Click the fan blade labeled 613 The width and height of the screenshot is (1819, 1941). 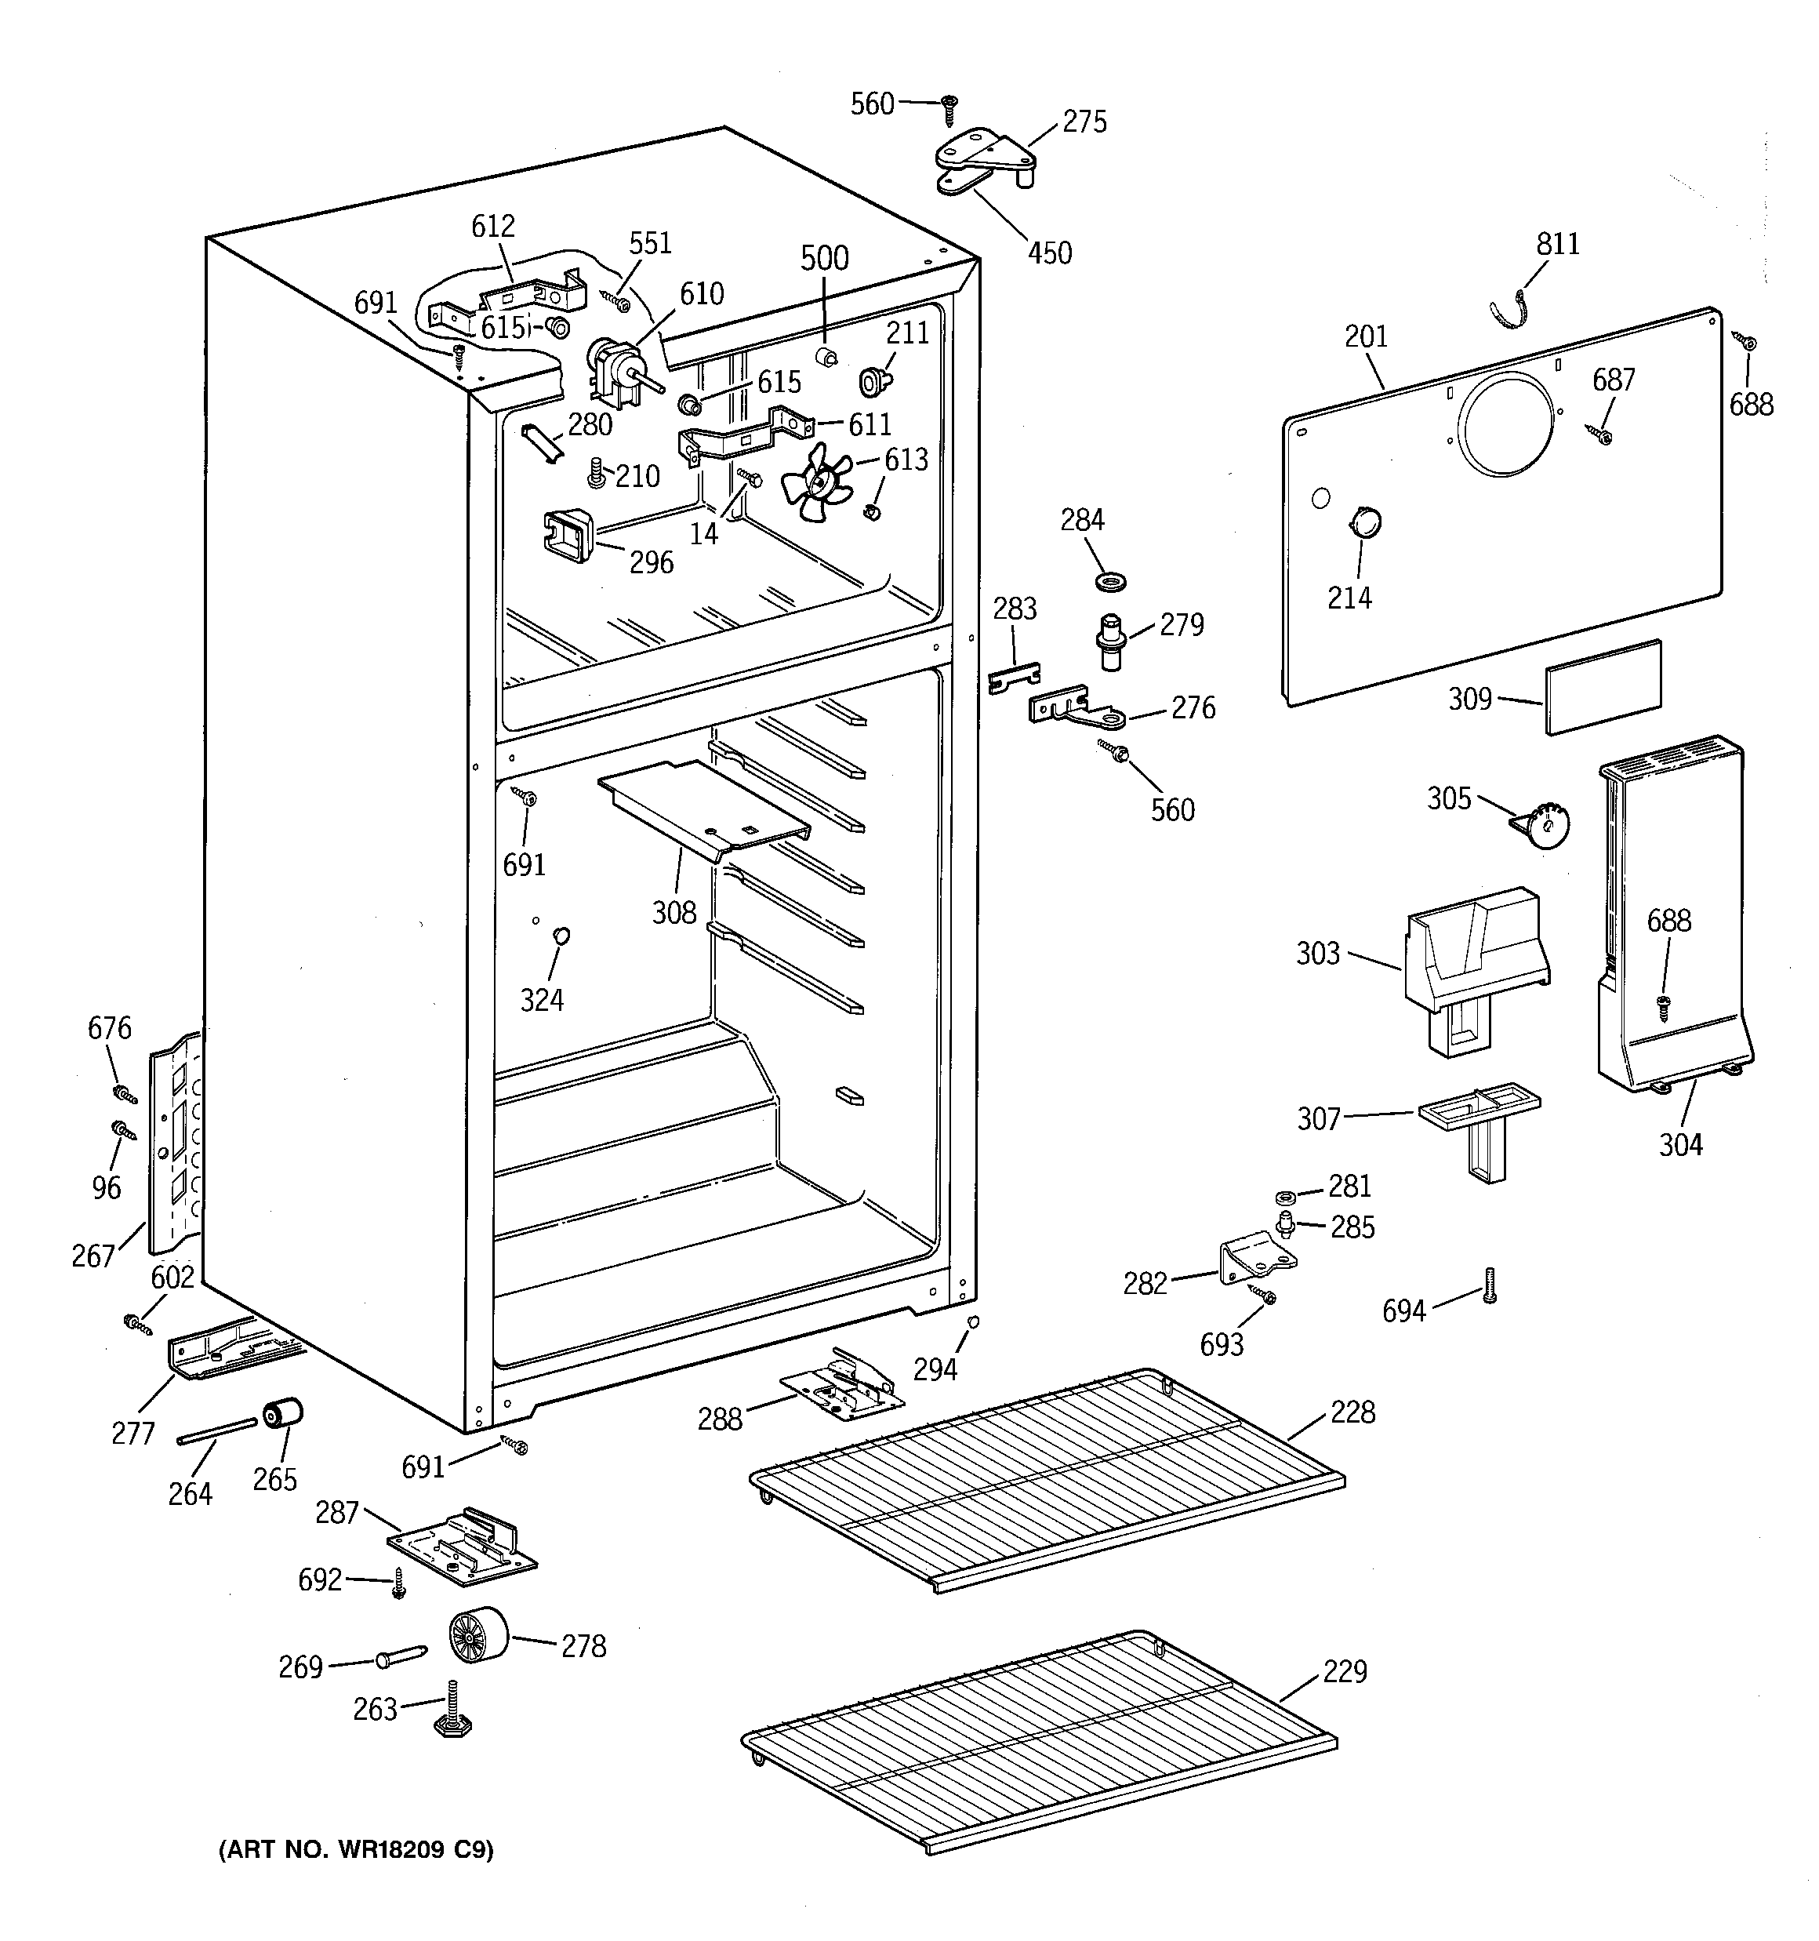click(x=816, y=482)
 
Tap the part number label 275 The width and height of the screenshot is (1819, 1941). click(x=1085, y=122)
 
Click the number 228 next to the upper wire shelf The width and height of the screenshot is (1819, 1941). click(x=1352, y=1412)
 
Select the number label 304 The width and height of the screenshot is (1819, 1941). click(x=1680, y=1144)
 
